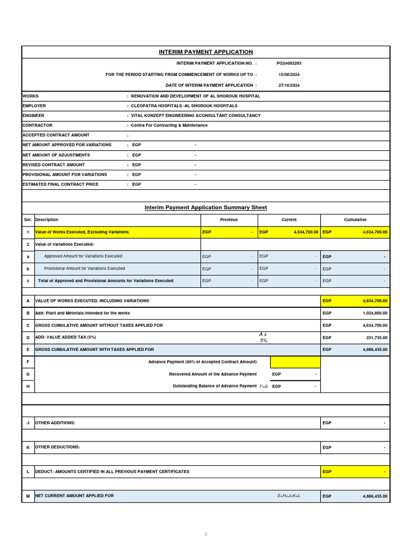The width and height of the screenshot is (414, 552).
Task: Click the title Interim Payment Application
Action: tap(205, 52)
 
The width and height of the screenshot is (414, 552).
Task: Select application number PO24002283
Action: tap(288, 63)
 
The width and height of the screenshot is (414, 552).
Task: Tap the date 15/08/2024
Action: tap(288, 74)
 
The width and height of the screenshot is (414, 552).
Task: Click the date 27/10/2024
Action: tap(288, 85)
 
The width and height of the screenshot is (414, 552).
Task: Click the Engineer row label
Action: tap(33, 115)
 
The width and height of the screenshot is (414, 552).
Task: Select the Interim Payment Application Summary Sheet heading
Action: tap(205, 208)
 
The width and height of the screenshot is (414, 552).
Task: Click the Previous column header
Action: tap(229, 220)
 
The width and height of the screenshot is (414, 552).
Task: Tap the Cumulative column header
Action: tap(355, 220)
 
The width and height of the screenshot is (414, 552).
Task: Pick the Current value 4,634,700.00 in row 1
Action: tap(306, 232)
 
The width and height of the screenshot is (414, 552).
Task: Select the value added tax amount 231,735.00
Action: tap(374, 337)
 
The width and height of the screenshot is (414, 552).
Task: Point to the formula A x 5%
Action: tap(264, 337)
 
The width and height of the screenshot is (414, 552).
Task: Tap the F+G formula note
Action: tap(263, 387)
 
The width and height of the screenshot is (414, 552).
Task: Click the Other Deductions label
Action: tap(58, 447)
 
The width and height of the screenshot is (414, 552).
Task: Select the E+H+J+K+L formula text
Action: tap(285, 495)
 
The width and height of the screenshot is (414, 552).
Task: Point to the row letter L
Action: tap(27, 472)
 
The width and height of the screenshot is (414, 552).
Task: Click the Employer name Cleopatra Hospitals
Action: tap(184, 106)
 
